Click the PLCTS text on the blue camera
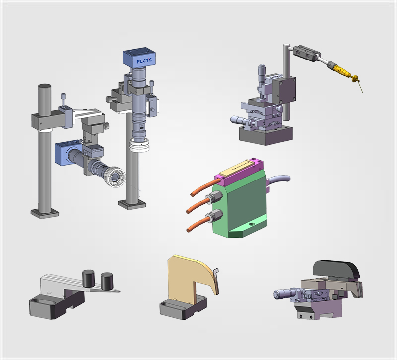(144, 61)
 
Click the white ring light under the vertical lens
(139, 145)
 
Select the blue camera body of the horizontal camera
(66, 153)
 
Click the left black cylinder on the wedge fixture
(88, 278)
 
